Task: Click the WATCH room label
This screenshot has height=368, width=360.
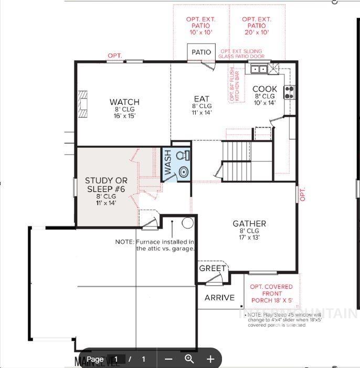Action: coord(124,102)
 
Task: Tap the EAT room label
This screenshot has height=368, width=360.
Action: coord(202,99)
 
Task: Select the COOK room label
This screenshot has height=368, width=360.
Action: coord(264,89)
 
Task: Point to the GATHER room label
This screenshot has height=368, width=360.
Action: coord(249,224)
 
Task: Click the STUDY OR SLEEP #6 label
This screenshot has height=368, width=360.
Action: coord(106,185)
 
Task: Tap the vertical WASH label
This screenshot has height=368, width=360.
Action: coord(168,163)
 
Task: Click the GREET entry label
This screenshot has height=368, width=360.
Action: coord(213,268)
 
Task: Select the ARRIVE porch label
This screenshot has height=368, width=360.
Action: coord(219,298)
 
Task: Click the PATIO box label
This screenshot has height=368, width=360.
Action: coord(201,52)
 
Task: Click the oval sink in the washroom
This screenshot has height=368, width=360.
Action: coord(183,171)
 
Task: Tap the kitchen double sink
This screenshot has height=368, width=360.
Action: coord(259,69)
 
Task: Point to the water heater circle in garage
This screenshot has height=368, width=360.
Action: coord(188,223)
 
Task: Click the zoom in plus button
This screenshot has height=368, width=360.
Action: coord(210,359)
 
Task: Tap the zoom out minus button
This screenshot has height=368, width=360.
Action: coord(168,359)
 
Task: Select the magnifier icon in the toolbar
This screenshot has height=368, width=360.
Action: coord(189,359)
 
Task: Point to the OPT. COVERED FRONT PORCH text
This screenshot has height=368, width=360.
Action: coord(271,294)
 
